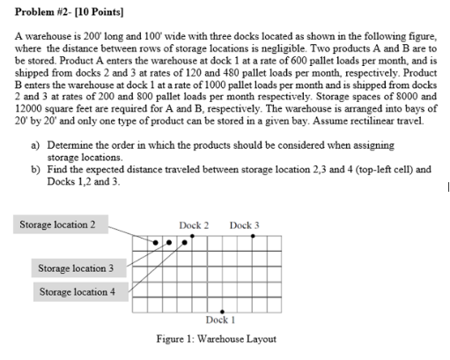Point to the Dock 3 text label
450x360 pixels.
[244, 225]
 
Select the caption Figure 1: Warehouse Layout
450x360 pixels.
[217, 339]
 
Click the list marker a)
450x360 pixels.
[36, 143]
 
